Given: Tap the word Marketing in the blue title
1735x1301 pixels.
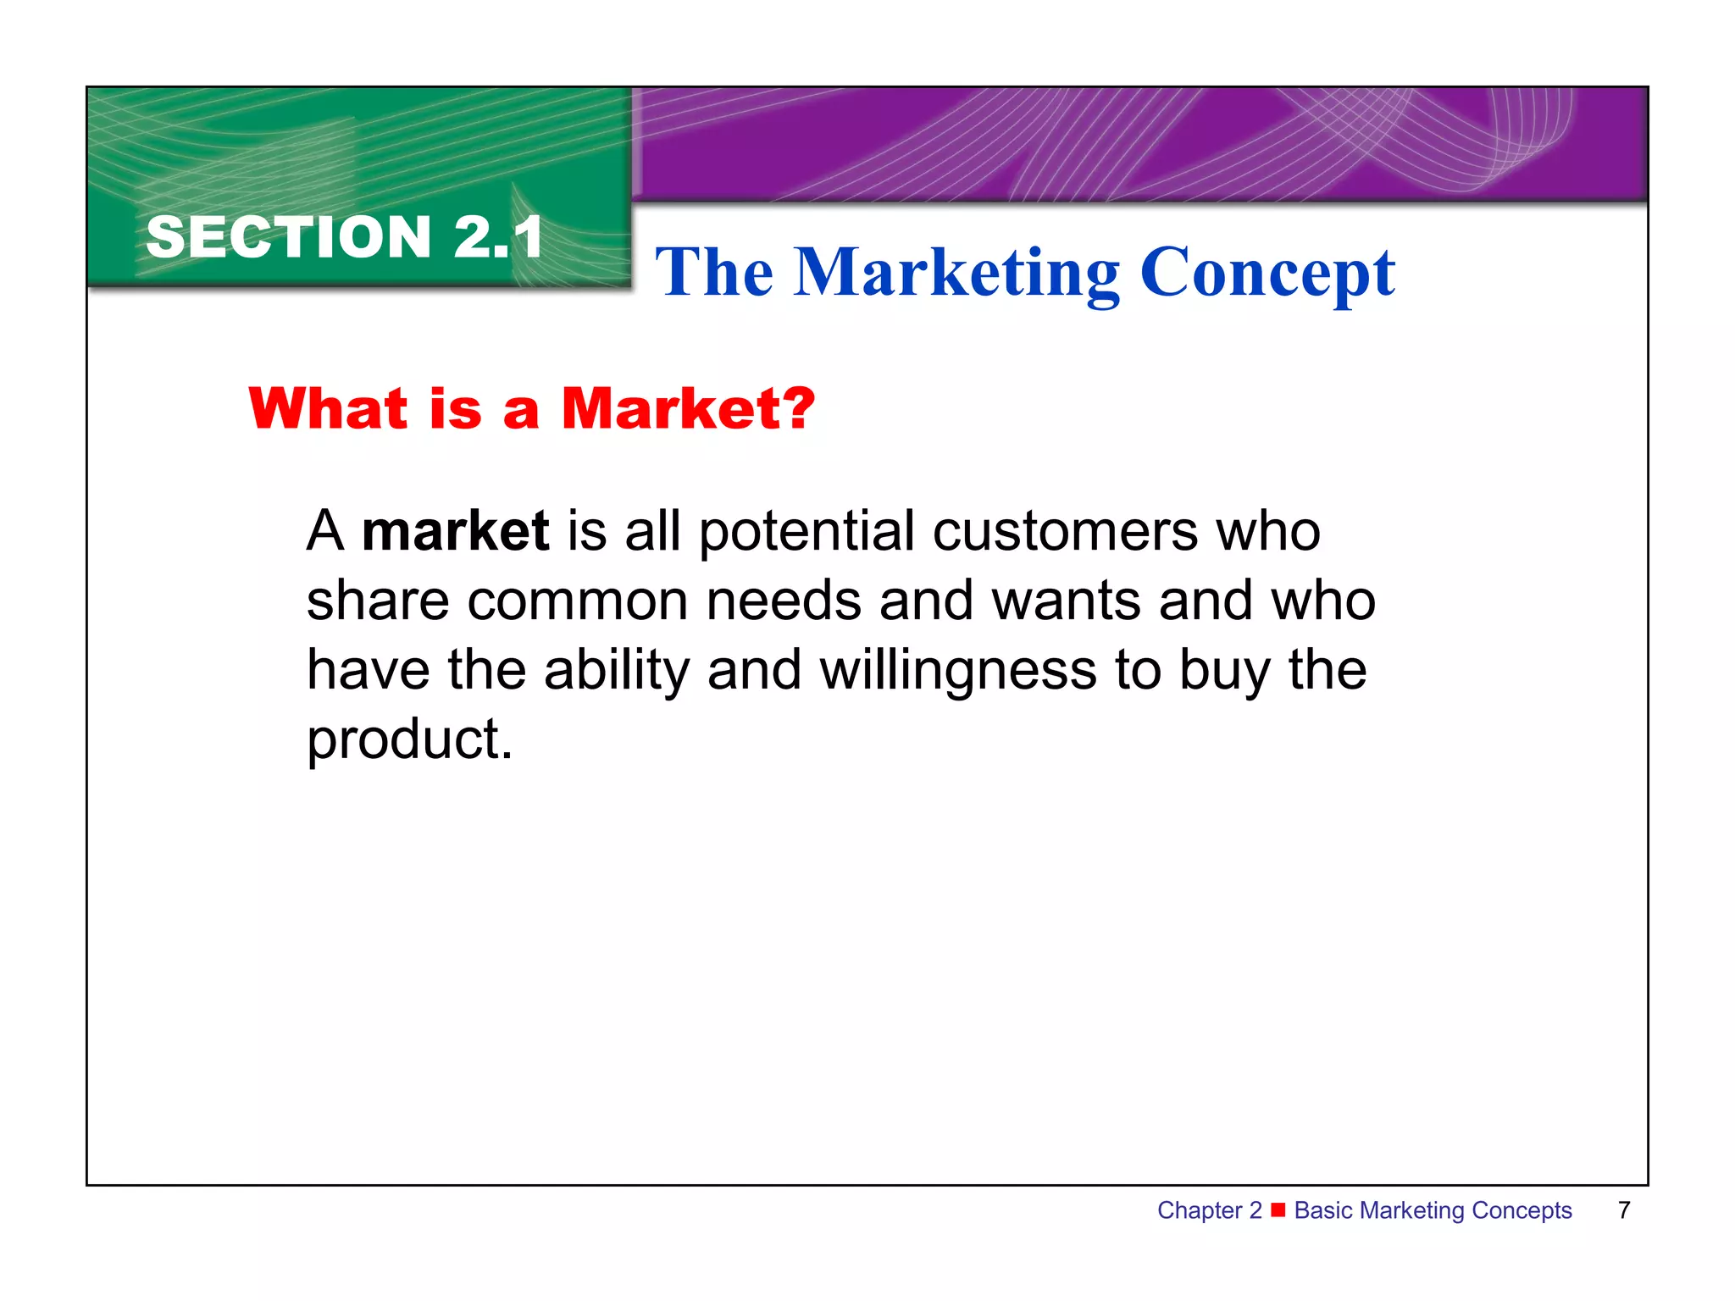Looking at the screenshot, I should point(956,273).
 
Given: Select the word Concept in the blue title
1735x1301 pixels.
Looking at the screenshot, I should point(1267,273).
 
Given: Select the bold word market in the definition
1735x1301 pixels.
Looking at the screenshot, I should point(456,532).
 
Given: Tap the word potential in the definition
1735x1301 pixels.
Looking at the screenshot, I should point(807,532).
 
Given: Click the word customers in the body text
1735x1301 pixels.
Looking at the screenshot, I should point(1065,532).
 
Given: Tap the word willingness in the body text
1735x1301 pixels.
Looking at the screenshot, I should point(958,671).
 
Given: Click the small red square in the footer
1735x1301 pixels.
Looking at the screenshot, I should point(1278,1210).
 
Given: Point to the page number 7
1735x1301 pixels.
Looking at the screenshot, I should point(1624,1210).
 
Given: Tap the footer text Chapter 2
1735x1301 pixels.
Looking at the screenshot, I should point(1209,1210).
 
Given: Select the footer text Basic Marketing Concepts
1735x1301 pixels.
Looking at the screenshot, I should point(1433,1210).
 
